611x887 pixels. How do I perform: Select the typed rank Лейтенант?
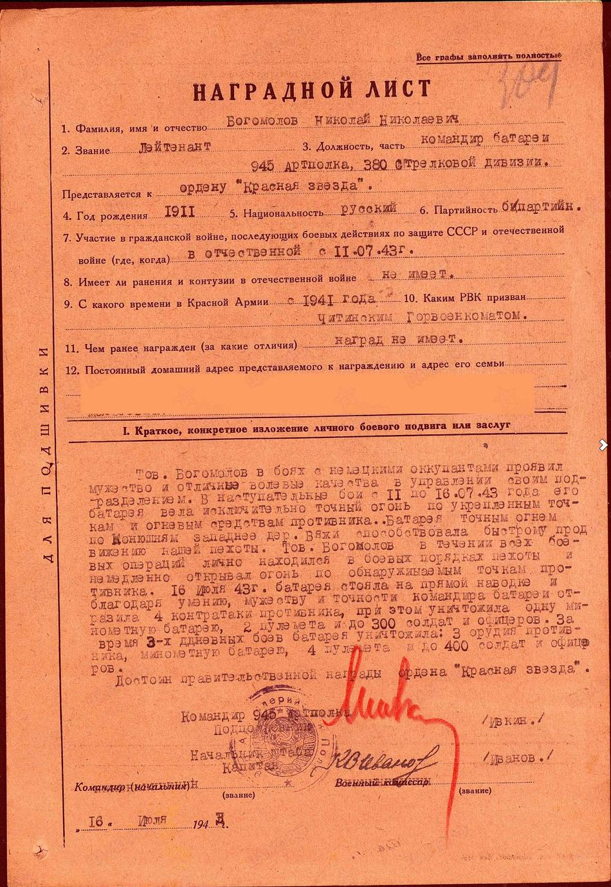pos(175,147)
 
